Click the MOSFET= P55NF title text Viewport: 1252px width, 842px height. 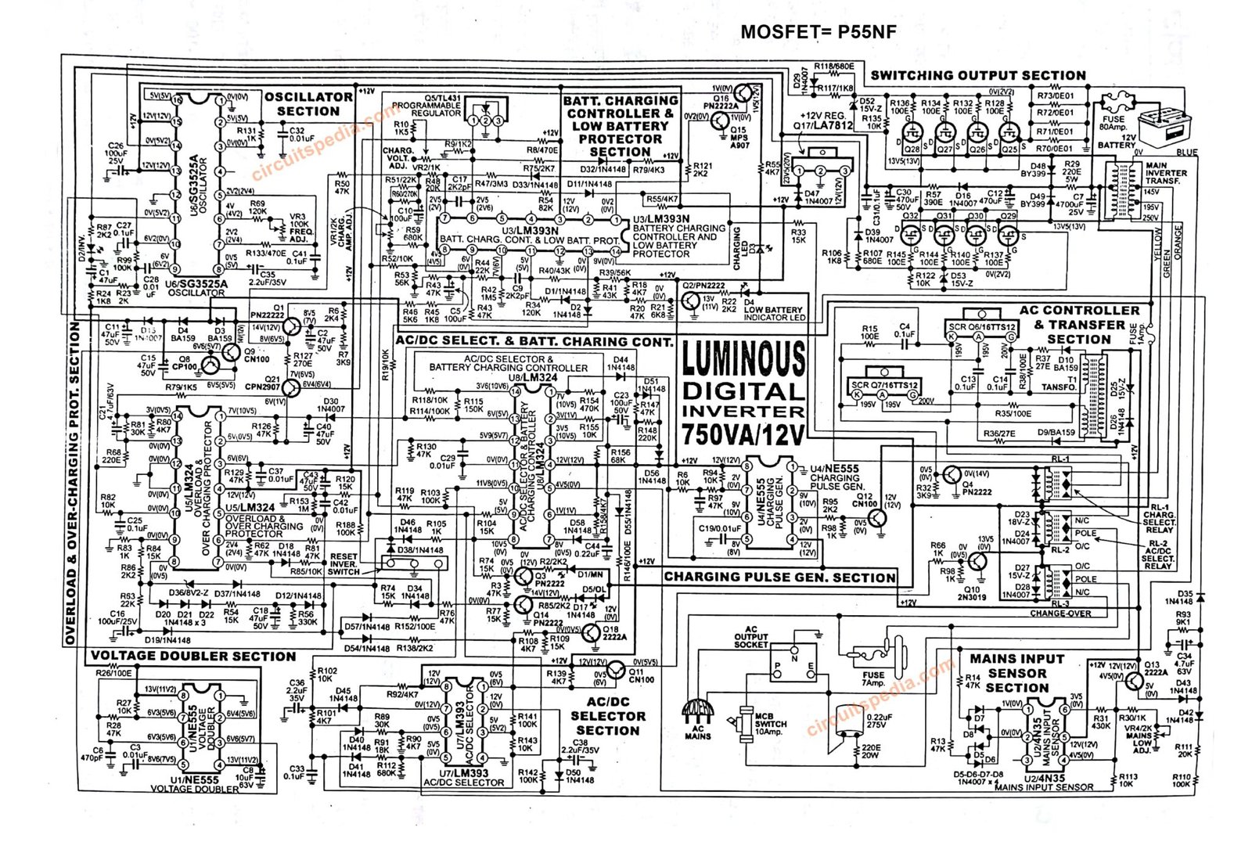tap(818, 32)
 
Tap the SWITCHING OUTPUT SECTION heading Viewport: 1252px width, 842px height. tap(977, 76)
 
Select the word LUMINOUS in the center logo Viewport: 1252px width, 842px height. tap(743, 359)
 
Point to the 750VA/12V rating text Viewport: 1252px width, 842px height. tap(743, 434)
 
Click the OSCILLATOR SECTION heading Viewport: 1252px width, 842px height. tap(308, 104)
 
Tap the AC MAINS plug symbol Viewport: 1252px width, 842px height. tap(697, 711)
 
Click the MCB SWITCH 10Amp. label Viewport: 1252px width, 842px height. tap(768, 724)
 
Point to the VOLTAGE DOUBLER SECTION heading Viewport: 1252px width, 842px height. tap(193, 657)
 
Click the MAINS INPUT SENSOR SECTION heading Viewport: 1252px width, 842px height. tap(1016, 673)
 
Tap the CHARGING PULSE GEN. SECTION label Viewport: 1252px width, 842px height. tap(779, 578)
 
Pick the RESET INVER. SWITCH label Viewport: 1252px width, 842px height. tap(344, 564)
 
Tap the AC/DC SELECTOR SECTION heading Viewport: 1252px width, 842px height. tap(608, 716)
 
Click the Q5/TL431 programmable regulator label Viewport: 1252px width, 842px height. tap(426, 106)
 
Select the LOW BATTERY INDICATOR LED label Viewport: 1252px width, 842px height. tap(773, 314)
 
